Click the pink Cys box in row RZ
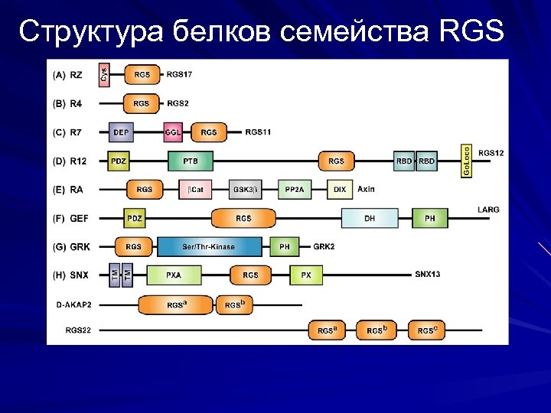pos(104,75)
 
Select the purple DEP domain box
pos(121,132)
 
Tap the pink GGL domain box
pos(173,132)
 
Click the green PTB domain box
pos(190,161)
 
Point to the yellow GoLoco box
pos(466,161)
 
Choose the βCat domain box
pos(196,190)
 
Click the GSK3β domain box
pos(245,190)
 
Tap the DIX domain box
pos(339,190)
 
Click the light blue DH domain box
pos(370,219)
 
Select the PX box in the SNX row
pos(305,275)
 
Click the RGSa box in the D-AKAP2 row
pos(176,305)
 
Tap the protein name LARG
pos(487,210)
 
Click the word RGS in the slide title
pos(473,32)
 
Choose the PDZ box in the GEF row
pos(135,219)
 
